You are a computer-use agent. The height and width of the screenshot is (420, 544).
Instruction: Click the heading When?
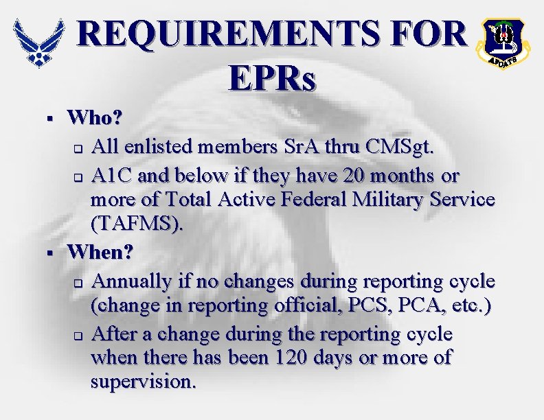pos(100,251)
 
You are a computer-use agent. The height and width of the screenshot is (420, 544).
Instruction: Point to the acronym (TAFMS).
pos(137,225)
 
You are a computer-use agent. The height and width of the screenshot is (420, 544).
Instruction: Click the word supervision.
pos(142,381)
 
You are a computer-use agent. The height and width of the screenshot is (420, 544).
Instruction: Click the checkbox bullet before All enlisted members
pos(78,148)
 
